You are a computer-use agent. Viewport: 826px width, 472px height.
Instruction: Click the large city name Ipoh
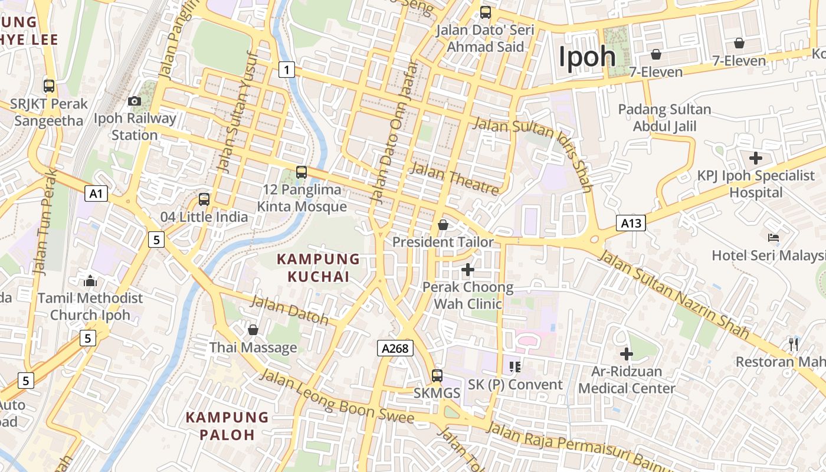tap(587, 57)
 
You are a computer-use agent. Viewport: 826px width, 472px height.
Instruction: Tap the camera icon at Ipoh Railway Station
tap(135, 101)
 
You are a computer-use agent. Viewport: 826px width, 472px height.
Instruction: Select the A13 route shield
tap(631, 223)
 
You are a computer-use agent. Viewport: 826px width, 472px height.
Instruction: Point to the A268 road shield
tap(395, 348)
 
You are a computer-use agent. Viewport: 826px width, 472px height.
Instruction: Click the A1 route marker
tap(96, 194)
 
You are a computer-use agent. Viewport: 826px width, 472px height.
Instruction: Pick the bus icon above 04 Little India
tap(204, 199)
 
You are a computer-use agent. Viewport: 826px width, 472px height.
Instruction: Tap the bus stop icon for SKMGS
tap(437, 376)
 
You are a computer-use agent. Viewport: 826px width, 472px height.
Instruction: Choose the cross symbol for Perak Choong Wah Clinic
tap(468, 270)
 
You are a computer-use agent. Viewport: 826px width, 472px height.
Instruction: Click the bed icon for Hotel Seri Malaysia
tap(773, 238)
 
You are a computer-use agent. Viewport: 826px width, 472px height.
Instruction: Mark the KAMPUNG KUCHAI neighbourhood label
tap(319, 267)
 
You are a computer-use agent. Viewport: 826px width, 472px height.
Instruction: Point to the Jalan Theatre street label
tap(455, 178)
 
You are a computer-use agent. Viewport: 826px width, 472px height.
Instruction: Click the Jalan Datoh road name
tap(290, 310)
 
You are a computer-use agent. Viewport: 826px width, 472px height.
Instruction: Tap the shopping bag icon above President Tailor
tap(443, 225)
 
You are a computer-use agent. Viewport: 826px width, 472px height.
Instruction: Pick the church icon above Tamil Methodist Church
tap(90, 281)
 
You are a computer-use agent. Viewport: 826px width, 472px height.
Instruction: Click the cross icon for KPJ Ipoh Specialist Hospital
tap(755, 158)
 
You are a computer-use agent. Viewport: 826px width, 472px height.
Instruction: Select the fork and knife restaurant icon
tap(794, 344)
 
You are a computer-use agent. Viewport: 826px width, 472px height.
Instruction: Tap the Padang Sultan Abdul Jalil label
tap(664, 118)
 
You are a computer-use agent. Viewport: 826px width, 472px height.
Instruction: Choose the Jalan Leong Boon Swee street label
tap(337, 396)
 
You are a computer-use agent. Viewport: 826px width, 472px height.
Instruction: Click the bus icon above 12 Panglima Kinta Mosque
tap(301, 172)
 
